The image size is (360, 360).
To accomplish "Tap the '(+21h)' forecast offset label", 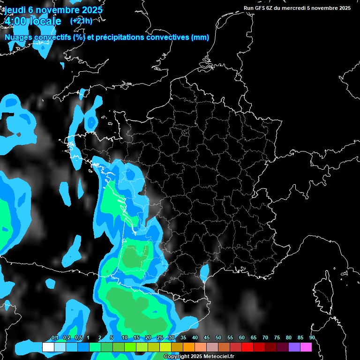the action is pyautogui.click(x=81, y=21).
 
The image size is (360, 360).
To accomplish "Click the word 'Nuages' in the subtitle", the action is pyautogui.click(x=18, y=37).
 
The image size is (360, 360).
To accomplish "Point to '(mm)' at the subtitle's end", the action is pyautogui.click(x=200, y=37).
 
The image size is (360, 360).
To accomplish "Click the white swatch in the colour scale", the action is pyautogui.click(x=48, y=347).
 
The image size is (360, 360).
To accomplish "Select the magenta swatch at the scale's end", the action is pyautogui.click(x=306, y=347).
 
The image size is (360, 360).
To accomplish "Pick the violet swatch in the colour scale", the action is pyautogui.click(x=294, y=347).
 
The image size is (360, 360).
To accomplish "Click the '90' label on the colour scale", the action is pyautogui.click(x=312, y=338).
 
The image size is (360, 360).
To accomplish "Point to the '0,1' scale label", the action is pyautogui.click(x=54, y=338).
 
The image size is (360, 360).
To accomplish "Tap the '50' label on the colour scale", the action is pyautogui.click(x=218, y=338).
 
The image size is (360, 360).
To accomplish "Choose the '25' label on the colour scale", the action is pyautogui.click(x=160, y=338).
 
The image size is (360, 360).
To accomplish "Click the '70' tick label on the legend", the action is pyautogui.click(x=265, y=338).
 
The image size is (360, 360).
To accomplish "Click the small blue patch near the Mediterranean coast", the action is pyautogui.click(x=204, y=271).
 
